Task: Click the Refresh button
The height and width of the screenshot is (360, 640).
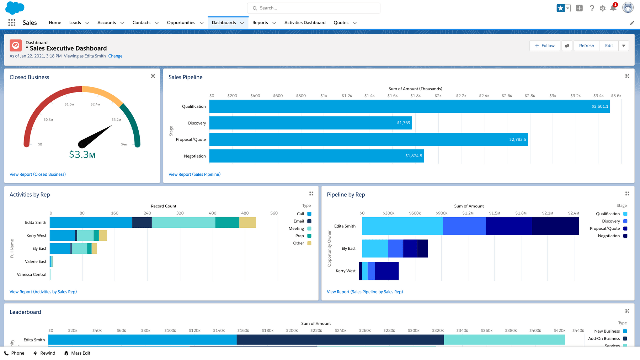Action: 586,46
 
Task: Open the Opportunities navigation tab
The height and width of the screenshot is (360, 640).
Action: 181,22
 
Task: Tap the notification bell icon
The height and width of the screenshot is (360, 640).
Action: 613,8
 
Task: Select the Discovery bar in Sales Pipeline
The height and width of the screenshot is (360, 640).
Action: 310,123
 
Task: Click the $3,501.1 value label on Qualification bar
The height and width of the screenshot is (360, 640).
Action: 599,106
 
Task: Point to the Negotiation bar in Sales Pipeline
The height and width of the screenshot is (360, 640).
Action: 316,156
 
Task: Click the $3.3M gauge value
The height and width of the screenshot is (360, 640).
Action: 82,154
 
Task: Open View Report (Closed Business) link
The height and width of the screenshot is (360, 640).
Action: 38,174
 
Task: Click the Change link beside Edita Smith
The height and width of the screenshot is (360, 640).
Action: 115,56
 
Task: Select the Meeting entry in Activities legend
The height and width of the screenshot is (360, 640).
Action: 296,228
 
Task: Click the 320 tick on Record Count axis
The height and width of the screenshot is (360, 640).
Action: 180,213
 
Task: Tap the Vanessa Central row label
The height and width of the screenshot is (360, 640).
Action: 32,274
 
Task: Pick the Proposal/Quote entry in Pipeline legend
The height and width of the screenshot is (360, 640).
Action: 605,228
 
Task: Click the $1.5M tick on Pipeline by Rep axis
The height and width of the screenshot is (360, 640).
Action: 494,213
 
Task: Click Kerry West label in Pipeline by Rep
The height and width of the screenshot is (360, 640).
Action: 345,271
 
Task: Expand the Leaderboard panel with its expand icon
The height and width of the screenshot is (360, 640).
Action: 627,311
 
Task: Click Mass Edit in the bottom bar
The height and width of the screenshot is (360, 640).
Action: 80,353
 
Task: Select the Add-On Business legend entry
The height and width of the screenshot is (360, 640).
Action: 604,338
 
